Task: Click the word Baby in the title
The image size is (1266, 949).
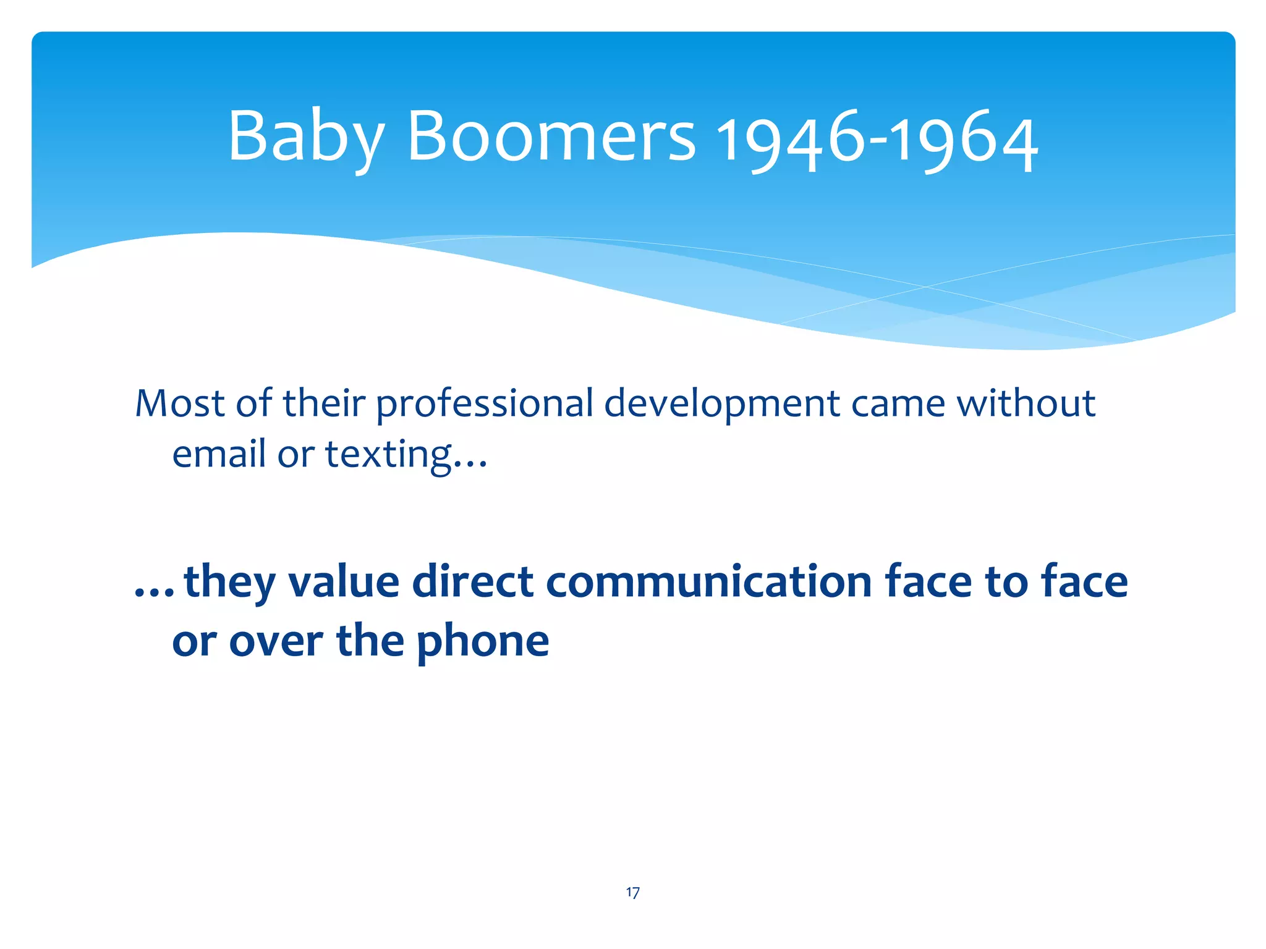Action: click(x=307, y=137)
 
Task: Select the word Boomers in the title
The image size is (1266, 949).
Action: click(x=551, y=137)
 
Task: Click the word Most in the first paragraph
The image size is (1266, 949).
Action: click(x=180, y=404)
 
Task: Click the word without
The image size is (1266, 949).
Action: click(x=1026, y=404)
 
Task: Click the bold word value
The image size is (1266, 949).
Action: click(x=344, y=582)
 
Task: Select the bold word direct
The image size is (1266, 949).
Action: click(x=472, y=582)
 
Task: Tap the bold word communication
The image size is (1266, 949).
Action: click(x=708, y=582)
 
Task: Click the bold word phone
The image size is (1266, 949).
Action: click(x=483, y=643)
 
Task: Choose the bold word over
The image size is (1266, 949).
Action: click(x=276, y=643)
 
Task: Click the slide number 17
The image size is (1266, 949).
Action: click(x=632, y=892)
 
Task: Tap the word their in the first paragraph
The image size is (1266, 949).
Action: click(x=324, y=404)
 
